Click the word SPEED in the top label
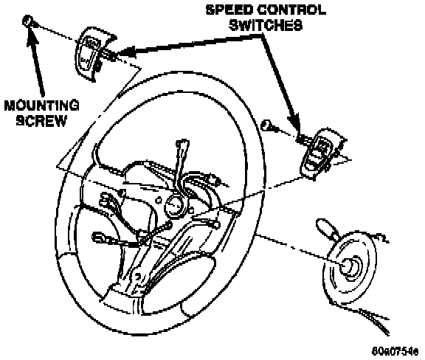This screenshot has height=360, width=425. click(230, 10)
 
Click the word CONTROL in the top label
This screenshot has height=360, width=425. click(291, 10)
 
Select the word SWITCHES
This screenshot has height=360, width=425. click(266, 25)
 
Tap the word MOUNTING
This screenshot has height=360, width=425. click(42, 105)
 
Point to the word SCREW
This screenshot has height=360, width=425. click(41, 120)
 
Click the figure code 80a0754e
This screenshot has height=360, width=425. click(395, 351)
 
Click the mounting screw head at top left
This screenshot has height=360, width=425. click(28, 21)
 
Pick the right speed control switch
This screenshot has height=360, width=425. click(321, 153)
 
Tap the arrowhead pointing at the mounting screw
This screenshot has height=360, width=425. click(32, 37)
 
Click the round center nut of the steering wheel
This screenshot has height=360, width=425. click(174, 207)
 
